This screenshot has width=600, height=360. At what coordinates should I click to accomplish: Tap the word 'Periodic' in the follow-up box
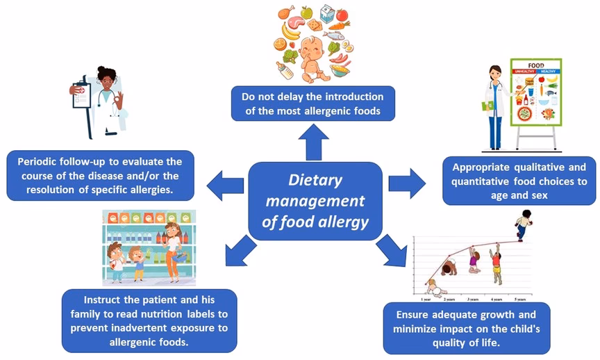click(x=39, y=162)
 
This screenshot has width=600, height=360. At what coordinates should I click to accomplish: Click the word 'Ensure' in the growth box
click(x=412, y=314)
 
